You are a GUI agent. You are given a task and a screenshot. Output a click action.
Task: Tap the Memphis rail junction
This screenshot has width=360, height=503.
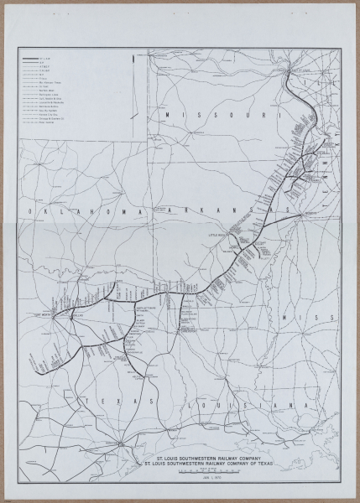pos(300,211)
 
